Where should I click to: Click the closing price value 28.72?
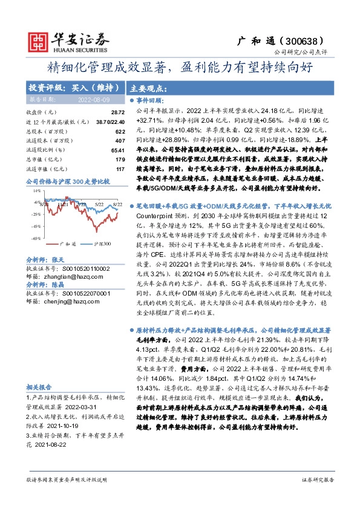[118, 112]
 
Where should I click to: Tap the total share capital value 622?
[120, 131]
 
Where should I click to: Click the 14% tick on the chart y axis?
[36, 190]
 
